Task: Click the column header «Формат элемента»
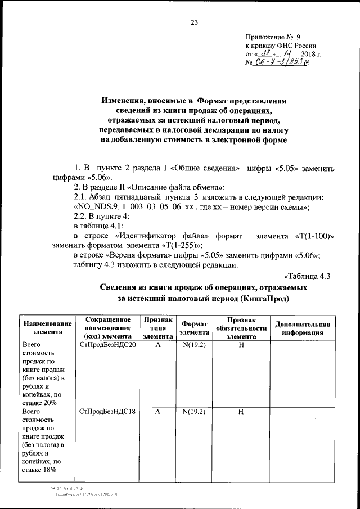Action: pyautogui.click(x=193, y=328)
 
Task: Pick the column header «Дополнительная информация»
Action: pyautogui.click(x=301, y=328)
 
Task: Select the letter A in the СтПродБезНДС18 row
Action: pyautogui.click(x=157, y=412)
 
